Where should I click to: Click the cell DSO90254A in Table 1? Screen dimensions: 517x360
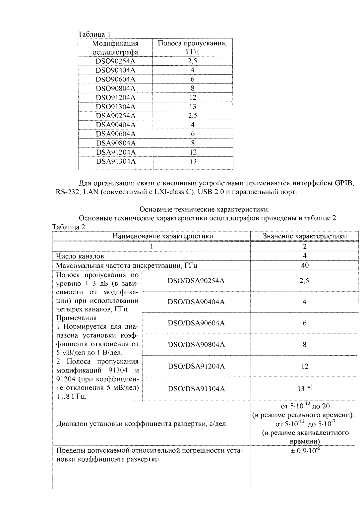tap(115, 61)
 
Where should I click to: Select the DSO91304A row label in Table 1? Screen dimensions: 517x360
tap(115, 107)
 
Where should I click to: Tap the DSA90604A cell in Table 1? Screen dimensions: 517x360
tap(115, 134)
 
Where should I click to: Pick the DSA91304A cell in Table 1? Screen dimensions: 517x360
tap(115, 161)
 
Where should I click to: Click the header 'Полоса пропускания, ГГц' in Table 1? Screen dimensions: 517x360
tap(192, 48)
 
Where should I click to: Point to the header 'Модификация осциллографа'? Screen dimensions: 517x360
tap(115, 48)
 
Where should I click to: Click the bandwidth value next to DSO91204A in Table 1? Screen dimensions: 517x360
tap(193, 98)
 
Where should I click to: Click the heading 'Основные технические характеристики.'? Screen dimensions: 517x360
tap(205, 209)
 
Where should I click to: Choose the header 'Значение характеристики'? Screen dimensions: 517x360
tap(305, 236)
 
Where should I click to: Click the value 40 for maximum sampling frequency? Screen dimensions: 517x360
tap(305, 265)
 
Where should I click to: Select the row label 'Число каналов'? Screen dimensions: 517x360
tap(80, 256)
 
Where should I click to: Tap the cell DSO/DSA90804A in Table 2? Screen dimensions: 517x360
tap(196, 345)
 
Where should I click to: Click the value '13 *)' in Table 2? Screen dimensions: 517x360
tap(305, 388)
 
